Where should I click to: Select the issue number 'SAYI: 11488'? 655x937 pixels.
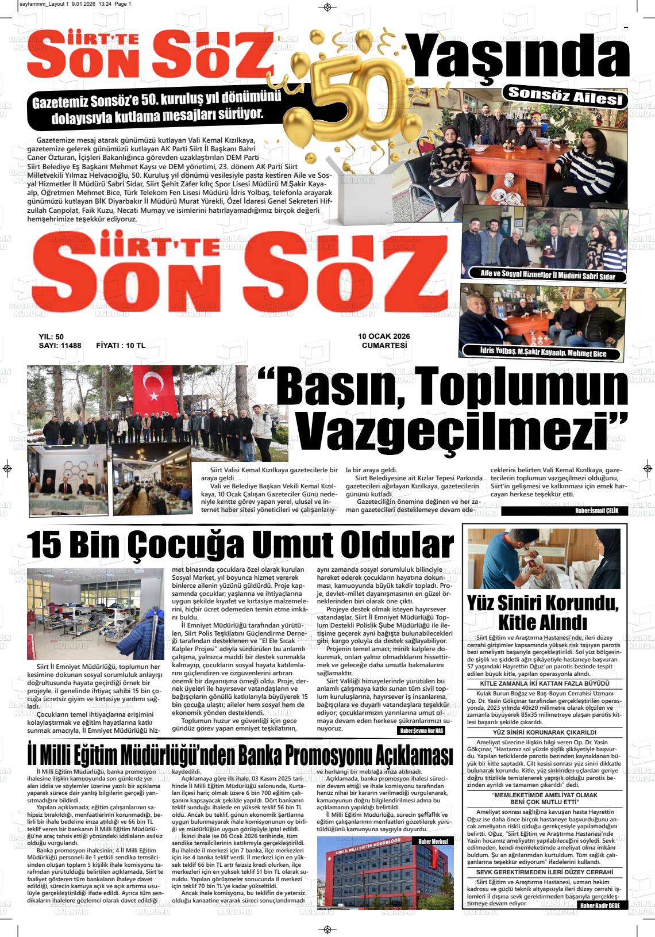[x=60, y=345]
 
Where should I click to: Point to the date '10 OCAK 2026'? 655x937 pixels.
[x=384, y=336]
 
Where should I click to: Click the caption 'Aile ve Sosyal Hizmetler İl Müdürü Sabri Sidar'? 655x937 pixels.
[x=548, y=276]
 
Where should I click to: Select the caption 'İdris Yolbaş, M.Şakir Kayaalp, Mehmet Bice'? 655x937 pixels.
[x=543, y=353]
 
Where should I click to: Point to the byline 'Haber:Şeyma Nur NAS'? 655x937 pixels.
[x=421, y=731]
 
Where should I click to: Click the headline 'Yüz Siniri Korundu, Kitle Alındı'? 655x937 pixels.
[x=543, y=613]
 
